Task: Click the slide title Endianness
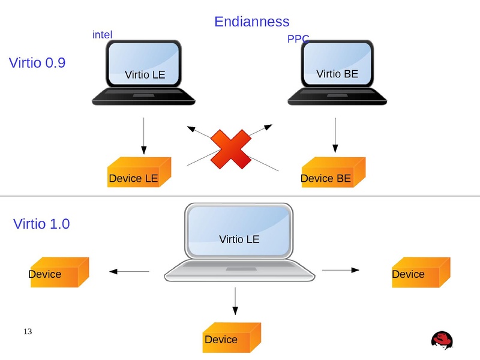(251, 22)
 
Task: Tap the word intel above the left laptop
(102, 35)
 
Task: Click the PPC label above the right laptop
(298, 39)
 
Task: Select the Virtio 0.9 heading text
(37, 62)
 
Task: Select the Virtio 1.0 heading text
(41, 224)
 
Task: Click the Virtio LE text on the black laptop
(144, 75)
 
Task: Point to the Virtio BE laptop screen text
(337, 74)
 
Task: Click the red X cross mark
(231, 149)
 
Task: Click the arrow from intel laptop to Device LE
(143, 135)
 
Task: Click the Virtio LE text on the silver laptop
(239, 239)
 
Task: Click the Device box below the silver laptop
(232, 338)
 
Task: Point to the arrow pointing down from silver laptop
(235, 301)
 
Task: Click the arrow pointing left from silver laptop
(129, 272)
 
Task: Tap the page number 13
(27, 332)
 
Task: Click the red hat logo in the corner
(443, 340)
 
